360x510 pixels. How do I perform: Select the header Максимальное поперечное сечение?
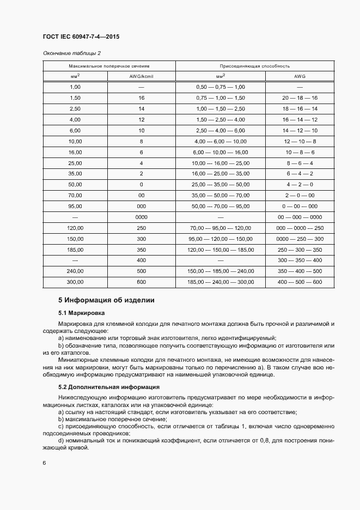point(108,66)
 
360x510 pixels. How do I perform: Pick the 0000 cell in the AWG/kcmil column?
point(142,217)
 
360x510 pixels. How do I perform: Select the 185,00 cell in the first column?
point(75,250)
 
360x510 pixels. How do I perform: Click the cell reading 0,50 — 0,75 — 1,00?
point(220,87)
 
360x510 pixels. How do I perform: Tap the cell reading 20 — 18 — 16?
point(300,98)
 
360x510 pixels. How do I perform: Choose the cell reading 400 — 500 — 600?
point(300,282)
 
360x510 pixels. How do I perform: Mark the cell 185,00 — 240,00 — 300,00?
point(220,282)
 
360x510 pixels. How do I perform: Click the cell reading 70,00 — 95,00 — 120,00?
point(220,228)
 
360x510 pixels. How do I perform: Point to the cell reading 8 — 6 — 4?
point(300,163)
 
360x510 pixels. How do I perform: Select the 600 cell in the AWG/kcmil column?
point(142,282)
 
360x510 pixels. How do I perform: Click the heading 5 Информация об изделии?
point(106,300)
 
